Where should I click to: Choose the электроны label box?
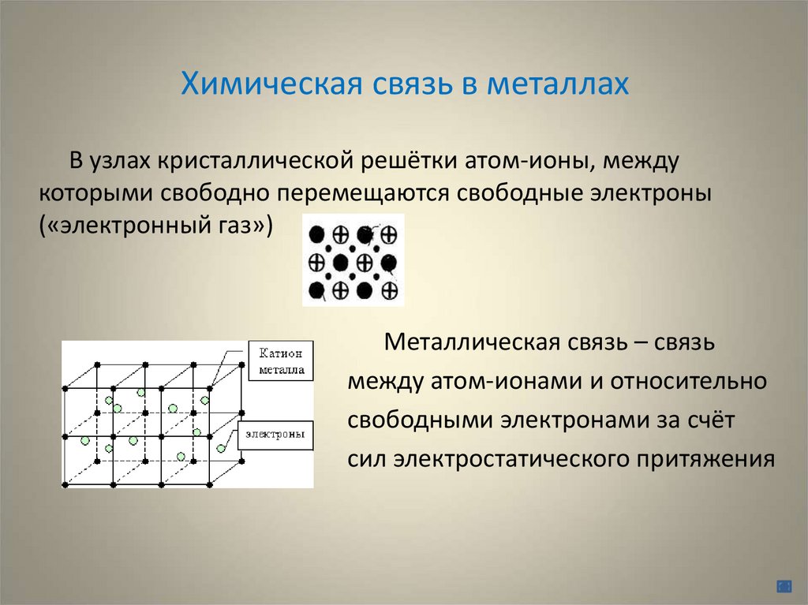pyautogui.click(x=275, y=435)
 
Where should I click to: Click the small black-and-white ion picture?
pyautogui.click(x=353, y=260)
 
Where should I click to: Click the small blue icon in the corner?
pyautogui.click(x=784, y=585)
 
